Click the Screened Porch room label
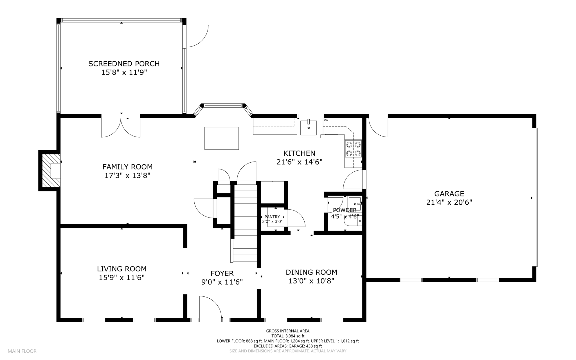point(124,64)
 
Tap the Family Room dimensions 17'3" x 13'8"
point(127,176)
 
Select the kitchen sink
point(309,128)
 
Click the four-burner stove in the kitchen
point(354,149)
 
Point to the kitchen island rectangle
point(222,138)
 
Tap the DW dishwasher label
point(326,120)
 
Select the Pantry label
point(272,217)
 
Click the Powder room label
point(345,210)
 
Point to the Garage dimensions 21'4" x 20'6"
point(449,202)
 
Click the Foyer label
point(222,273)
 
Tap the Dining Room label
point(311,272)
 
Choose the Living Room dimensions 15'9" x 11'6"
point(122,278)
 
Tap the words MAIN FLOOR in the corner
point(22,351)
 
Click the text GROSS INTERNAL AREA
point(288,331)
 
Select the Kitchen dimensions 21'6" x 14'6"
point(299,162)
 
